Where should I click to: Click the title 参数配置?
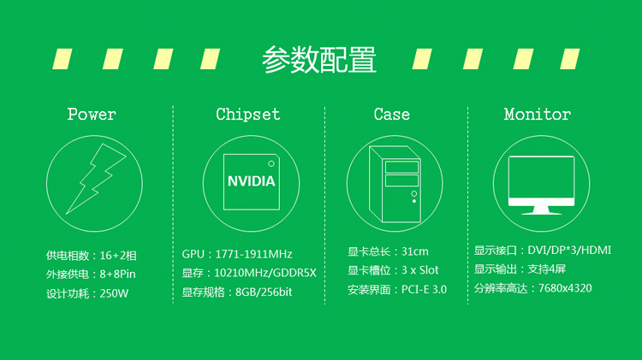(x=319, y=60)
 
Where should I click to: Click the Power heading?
(x=92, y=114)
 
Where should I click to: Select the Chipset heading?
(x=248, y=115)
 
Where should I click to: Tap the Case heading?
(x=391, y=114)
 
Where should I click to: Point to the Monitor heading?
(x=538, y=114)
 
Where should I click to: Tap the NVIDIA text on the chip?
(x=251, y=181)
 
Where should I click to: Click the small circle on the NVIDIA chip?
(x=271, y=163)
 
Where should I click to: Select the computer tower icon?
(x=395, y=184)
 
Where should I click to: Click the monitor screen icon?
(x=541, y=186)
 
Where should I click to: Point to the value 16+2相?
(x=118, y=256)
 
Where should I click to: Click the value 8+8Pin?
(x=117, y=274)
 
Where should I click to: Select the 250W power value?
(x=114, y=293)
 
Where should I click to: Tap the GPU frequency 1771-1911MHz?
(x=253, y=254)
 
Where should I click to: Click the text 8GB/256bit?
(x=264, y=292)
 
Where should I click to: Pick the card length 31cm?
(x=415, y=251)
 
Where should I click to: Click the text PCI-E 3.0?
(x=424, y=289)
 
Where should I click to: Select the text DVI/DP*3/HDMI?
(x=569, y=250)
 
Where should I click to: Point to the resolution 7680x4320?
(x=565, y=288)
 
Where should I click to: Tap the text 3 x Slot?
(x=419, y=270)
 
